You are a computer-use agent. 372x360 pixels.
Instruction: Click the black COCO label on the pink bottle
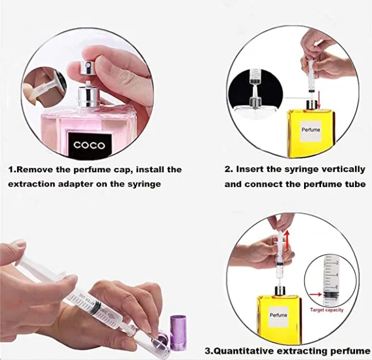pyautogui.click(x=89, y=145)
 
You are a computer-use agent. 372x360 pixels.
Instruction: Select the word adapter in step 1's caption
pyautogui.click(x=90, y=184)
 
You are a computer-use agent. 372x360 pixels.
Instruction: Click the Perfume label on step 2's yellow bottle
pyautogui.click(x=311, y=130)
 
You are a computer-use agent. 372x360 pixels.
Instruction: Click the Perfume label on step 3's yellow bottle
pyautogui.click(x=278, y=315)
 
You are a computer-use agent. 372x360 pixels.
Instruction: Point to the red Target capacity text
pyautogui.click(x=326, y=310)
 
